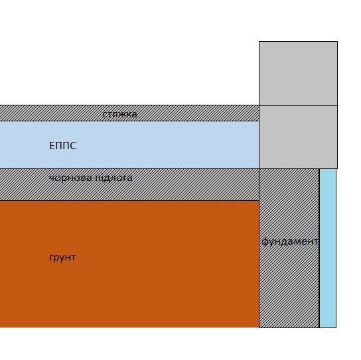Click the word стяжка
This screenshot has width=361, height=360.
click(x=119, y=114)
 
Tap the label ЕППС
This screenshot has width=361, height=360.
click(x=62, y=146)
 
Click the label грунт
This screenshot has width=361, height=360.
click(x=62, y=258)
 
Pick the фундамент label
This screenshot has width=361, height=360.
click(x=290, y=241)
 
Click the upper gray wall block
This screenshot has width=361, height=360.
click(x=298, y=74)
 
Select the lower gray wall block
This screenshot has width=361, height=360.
click(x=298, y=137)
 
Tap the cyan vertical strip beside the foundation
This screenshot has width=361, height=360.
click(x=328, y=248)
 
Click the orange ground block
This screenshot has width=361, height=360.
click(x=129, y=264)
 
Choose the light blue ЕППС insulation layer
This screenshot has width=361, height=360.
click(x=129, y=145)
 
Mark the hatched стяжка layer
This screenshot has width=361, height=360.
click(x=129, y=113)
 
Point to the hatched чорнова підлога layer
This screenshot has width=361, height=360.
click(x=129, y=185)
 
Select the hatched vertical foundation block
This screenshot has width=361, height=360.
click(x=289, y=248)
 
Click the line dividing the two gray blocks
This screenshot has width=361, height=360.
click(x=298, y=106)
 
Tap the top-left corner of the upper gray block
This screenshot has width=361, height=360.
click(x=259, y=42)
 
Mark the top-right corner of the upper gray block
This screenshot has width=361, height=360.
click(x=337, y=42)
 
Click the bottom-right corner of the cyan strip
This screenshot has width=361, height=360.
click(x=336, y=328)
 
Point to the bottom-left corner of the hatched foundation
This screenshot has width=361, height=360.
click(x=259, y=328)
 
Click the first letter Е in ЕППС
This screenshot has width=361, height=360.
click(x=52, y=146)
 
